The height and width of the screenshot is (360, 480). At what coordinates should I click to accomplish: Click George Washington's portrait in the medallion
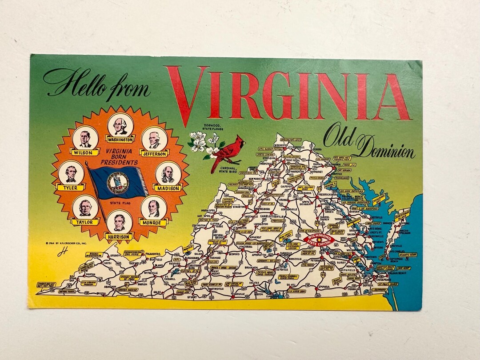(x=120, y=125)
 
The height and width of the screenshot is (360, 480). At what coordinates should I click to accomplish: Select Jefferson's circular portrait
(x=154, y=139)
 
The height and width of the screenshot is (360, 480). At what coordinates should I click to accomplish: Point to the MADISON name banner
(x=168, y=188)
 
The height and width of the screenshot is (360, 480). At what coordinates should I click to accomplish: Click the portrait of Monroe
(x=154, y=208)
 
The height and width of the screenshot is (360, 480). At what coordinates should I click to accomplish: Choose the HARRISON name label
(x=119, y=237)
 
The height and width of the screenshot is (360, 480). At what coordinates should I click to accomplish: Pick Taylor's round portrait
(x=85, y=207)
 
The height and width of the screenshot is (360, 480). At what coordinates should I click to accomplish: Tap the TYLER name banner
(x=70, y=188)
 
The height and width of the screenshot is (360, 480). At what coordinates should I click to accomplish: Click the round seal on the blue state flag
(x=118, y=183)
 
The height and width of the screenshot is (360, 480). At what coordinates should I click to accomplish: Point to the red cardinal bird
(x=228, y=152)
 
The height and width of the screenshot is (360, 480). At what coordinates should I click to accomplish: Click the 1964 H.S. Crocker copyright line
(x=66, y=243)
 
